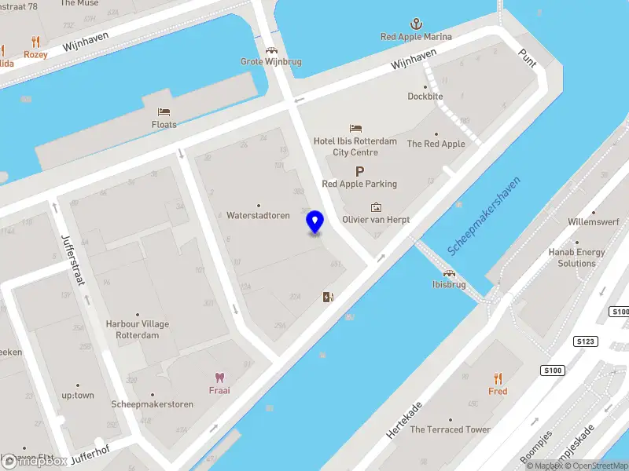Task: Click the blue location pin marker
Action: click(x=315, y=222)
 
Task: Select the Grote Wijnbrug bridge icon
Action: click(x=271, y=49)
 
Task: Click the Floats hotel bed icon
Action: click(x=164, y=112)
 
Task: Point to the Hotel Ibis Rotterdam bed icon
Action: click(x=355, y=128)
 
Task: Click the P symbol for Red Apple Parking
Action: click(x=359, y=170)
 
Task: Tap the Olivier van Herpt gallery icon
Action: click(x=376, y=207)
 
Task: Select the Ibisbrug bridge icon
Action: click(x=449, y=272)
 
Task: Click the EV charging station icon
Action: click(x=328, y=297)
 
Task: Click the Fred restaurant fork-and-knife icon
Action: click(x=497, y=378)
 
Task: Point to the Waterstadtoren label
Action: click(x=258, y=215)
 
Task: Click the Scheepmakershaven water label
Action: click(x=485, y=214)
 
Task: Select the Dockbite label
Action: click(x=425, y=97)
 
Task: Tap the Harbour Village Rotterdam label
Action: click(x=138, y=329)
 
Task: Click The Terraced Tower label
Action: click(x=450, y=429)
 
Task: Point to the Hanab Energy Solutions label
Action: click(x=576, y=257)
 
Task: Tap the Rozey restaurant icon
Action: click(x=35, y=42)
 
